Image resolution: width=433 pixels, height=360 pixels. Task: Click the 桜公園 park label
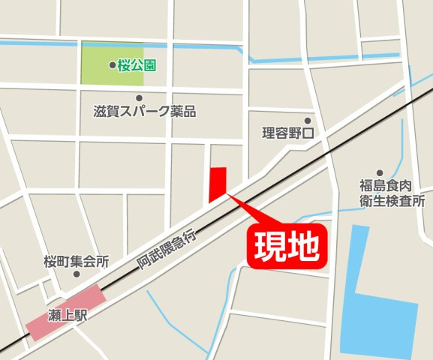coord(137,66)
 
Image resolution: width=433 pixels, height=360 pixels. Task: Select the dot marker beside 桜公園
coord(113,66)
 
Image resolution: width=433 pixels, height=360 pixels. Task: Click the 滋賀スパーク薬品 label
coord(145,112)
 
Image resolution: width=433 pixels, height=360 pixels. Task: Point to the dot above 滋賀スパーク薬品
coord(139,97)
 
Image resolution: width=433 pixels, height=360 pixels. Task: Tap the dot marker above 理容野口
coord(307,120)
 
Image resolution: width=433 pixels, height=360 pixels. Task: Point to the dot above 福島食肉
coord(380,172)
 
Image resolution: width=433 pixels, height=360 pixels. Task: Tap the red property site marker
coord(217,184)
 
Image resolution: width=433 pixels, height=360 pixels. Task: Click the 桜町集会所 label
coord(77,262)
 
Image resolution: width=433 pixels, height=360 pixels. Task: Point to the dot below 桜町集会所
coord(76,274)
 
